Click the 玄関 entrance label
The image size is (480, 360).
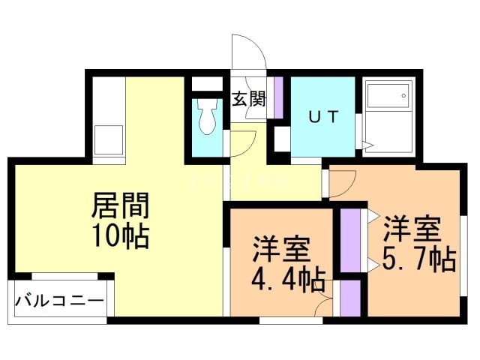[x=248, y=99]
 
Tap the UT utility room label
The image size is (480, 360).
[x=323, y=117]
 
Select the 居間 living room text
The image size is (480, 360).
[x=121, y=205]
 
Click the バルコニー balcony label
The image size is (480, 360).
[x=60, y=301]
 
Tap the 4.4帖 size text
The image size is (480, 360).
[x=288, y=279]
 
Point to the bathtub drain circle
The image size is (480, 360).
[x=403, y=95]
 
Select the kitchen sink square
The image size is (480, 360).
[x=108, y=140]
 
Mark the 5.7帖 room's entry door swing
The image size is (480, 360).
[x=343, y=184]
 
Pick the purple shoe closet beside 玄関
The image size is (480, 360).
[x=278, y=97]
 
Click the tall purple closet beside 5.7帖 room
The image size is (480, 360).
[x=350, y=240]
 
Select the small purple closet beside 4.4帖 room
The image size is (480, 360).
[x=350, y=298]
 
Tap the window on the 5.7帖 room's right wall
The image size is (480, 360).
[x=463, y=256]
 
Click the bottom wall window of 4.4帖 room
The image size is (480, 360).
[x=291, y=320]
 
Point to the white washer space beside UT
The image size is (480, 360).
[x=282, y=139]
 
